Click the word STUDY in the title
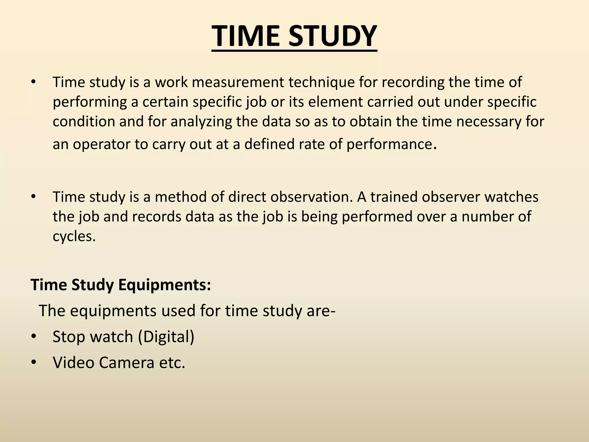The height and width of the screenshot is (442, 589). tap(332, 36)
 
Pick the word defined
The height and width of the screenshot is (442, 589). tap(269, 144)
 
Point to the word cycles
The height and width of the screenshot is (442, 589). tap(74, 236)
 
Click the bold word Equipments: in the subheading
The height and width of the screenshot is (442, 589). tap(165, 285)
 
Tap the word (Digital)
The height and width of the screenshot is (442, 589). tap(166, 337)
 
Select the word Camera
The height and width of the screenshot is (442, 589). tap(127, 363)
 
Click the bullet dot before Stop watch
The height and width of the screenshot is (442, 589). tap(34, 337)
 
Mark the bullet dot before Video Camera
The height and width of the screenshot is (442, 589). tap(34, 363)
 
